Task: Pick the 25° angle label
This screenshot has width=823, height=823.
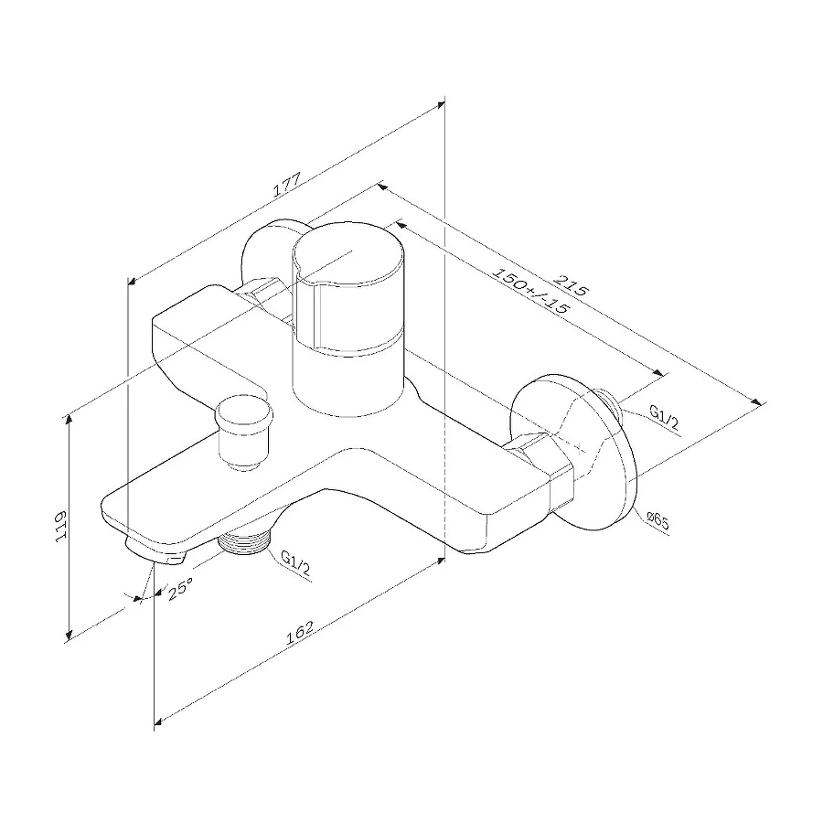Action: tap(178, 590)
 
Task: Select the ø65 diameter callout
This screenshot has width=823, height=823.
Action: tap(657, 522)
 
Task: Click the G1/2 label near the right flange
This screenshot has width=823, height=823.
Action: tap(664, 417)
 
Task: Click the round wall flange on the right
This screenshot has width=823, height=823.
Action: tap(594, 457)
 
